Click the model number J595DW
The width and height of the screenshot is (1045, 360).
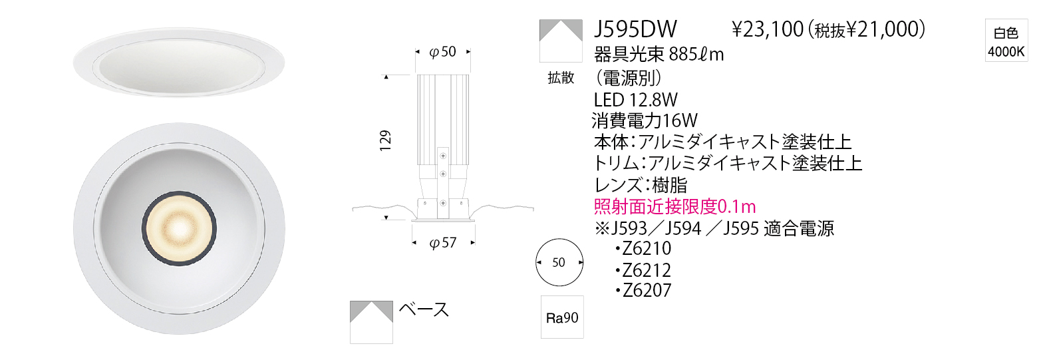point(635,29)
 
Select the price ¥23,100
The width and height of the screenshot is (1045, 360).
point(768,29)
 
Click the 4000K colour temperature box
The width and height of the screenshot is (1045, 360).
point(1006,40)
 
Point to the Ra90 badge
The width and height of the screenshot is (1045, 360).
point(562,317)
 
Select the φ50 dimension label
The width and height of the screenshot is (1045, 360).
point(442,51)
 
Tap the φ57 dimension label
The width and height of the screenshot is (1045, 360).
point(443,243)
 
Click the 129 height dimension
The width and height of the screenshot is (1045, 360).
point(385,140)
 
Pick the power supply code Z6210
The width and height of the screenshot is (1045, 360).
point(647,248)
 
